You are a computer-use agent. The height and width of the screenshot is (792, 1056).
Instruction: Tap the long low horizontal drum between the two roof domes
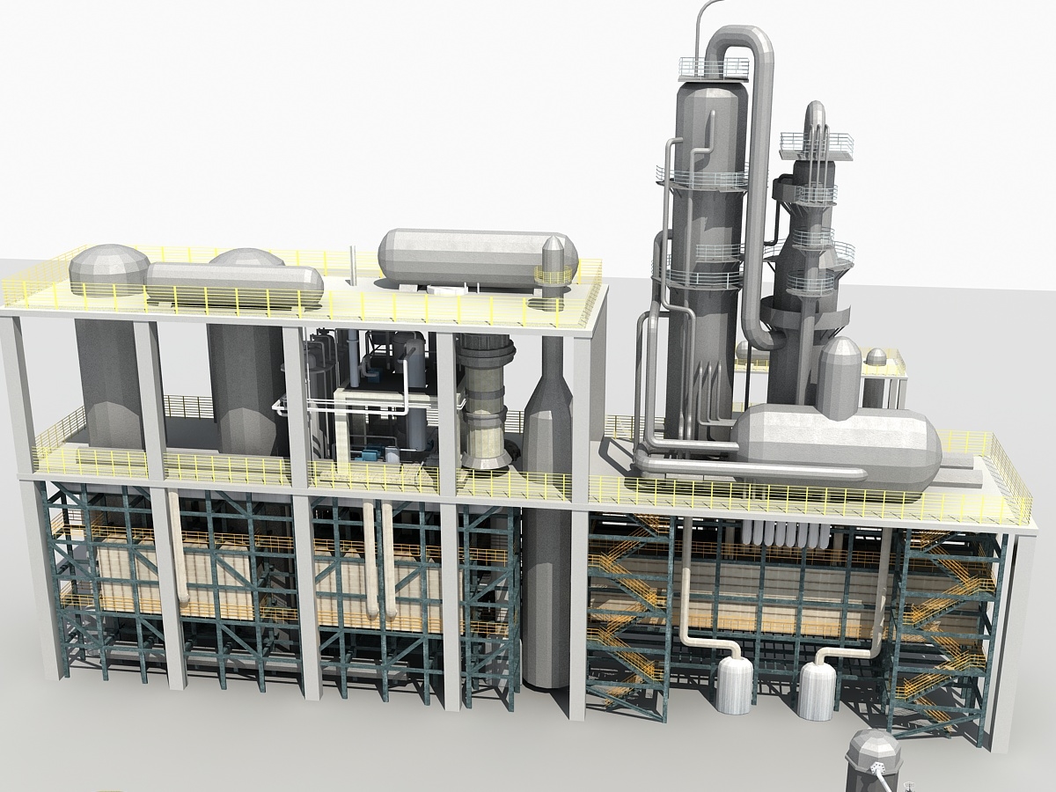(233, 283)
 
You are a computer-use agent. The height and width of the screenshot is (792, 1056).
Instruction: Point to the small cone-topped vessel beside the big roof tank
(554, 268)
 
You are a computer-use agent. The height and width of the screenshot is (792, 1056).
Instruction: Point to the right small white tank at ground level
(817, 691)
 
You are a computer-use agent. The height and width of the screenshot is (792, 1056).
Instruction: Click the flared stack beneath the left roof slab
(485, 405)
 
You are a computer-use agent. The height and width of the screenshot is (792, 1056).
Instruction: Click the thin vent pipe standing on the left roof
(353, 264)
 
